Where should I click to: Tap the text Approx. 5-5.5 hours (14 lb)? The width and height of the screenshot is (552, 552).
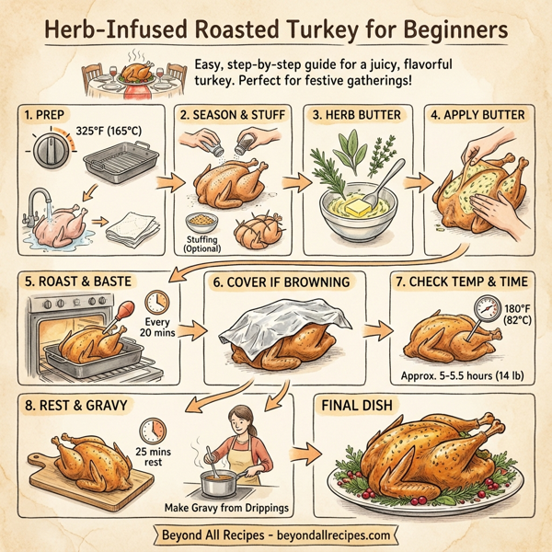coord(465,376)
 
